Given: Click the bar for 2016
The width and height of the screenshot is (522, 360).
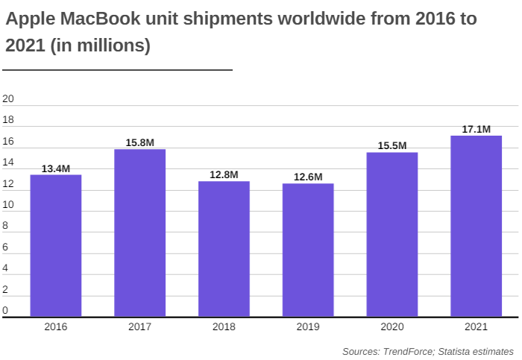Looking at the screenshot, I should [56, 246].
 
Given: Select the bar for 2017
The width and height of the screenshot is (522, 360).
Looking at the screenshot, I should [140, 233].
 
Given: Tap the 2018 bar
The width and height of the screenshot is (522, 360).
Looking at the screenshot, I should [224, 249].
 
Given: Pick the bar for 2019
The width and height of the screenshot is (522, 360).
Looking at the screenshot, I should [308, 250].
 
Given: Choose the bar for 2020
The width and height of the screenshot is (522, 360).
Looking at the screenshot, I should [392, 235].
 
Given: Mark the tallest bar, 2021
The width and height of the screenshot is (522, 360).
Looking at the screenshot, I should [477, 226].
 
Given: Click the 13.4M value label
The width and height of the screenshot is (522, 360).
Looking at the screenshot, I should [56, 169].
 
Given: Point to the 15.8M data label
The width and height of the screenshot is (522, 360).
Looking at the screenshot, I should [140, 143].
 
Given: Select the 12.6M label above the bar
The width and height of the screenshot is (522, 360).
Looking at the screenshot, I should [308, 177].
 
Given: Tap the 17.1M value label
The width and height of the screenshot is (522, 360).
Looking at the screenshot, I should [477, 130].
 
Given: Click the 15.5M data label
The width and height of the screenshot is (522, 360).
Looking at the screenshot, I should [392, 146].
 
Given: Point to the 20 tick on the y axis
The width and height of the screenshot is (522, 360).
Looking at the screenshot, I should [9, 98].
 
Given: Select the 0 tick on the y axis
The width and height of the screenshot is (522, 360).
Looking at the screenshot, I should [5, 310].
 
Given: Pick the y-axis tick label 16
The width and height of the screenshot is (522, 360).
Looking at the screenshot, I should [9, 141].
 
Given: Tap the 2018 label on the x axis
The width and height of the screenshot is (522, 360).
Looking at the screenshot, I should [224, 326].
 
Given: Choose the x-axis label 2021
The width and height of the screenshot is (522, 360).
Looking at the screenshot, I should [477, 326].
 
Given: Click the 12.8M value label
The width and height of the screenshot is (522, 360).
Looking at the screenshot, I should [224, 175].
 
